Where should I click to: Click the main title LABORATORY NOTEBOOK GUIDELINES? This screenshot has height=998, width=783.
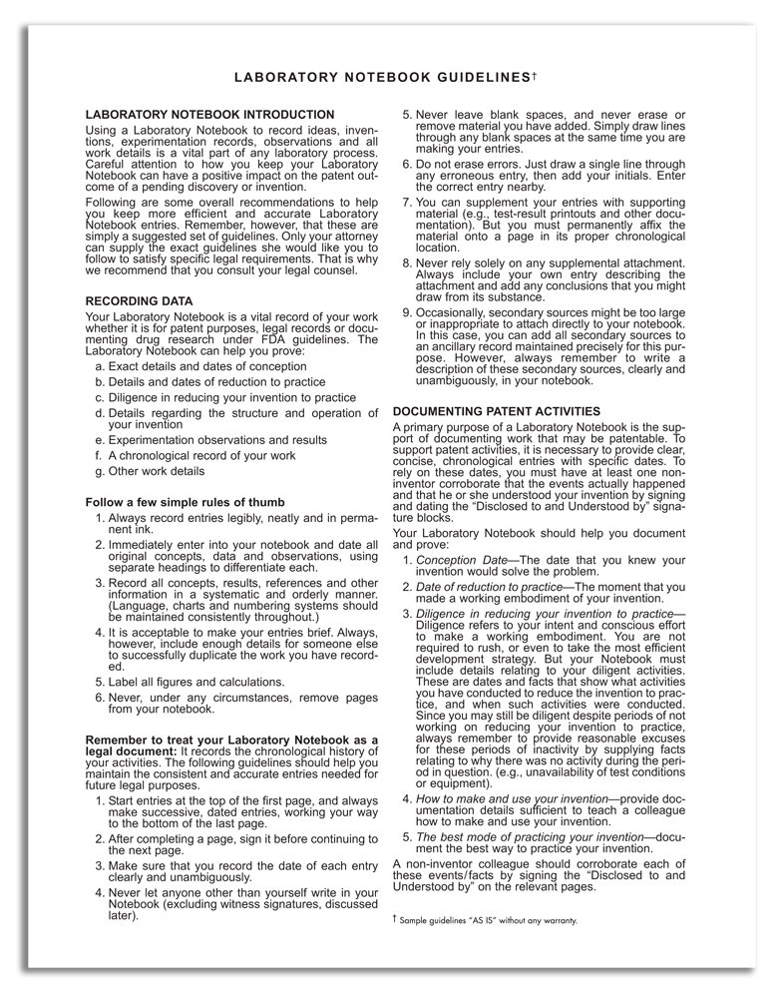pyautogui.click(x=379, y=77)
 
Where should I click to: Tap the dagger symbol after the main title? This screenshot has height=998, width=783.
pyautogui.click(x=535, y=74)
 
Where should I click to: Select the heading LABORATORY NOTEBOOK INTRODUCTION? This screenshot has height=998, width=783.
pyautogui.click(x=210, y=115)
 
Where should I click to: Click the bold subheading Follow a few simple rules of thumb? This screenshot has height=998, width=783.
pyautogui.click(x=186, y=502)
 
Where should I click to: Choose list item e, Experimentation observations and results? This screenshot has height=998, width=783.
pyautogui.click(x=217, y=440)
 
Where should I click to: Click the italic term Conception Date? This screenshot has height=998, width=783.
pyautogui.click(x=464, y=561)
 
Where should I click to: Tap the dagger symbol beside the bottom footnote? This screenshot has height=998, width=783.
pyautogui.click(x=396, y=918)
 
